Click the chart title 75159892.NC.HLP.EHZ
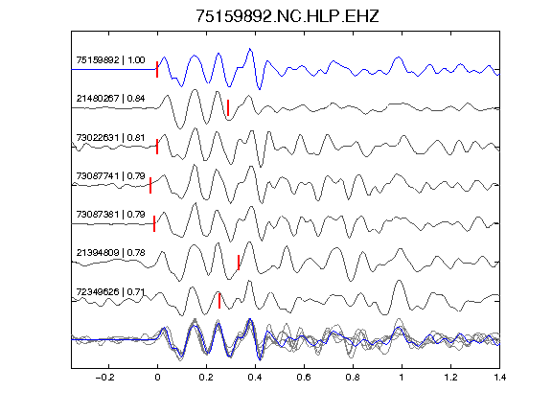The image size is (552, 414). click(287, 16)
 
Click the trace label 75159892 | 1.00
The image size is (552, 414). click(110, 59)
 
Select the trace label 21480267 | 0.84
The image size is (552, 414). click(110, 98)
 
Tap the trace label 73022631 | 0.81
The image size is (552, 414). click(110, 137)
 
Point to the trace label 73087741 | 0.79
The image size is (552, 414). click(110, 175)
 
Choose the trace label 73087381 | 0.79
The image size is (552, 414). click(110, 214)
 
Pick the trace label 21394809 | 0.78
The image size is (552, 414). click(110, 253)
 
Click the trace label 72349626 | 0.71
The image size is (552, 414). click(110, 292)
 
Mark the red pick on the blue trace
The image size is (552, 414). click(157, 69)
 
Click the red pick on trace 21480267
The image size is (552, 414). click(228, 107)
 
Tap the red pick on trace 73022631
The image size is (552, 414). click(157, 147)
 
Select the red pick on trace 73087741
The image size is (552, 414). click(150, 186)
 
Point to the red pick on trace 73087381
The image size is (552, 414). click(154, 224)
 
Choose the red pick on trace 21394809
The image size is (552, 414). click(239, 263)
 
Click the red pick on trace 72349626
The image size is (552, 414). click(219, 301)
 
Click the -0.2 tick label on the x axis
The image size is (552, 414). click(105, 378)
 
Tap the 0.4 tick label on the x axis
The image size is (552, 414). click(255, 378)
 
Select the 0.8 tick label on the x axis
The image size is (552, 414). click(353, 378)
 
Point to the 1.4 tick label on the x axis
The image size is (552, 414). click(499, 378)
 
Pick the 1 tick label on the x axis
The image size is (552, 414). click(402, 378)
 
